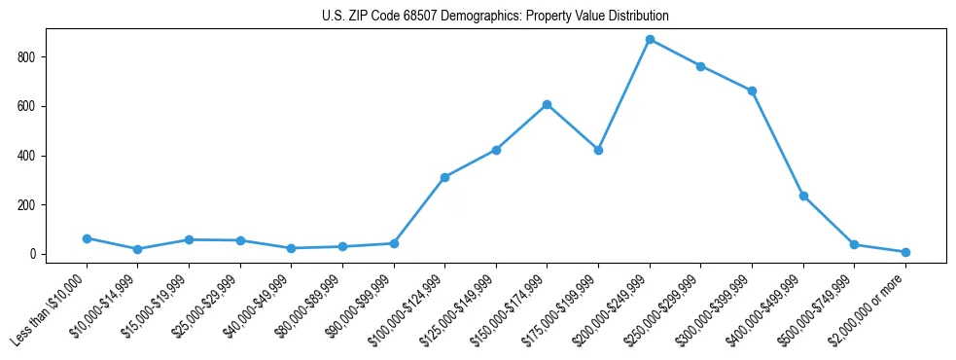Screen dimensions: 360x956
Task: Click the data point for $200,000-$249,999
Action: click(x=650, y=40)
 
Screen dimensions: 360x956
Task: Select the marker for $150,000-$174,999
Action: click(x=548, y=104)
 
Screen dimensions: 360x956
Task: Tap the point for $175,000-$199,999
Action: click(x=598, y=150)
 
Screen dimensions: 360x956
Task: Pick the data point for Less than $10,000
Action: click(x=87, y=238)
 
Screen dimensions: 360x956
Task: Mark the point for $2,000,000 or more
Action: click(x=905, y=252)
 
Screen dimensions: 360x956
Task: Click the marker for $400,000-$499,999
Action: click(x=803, y=196)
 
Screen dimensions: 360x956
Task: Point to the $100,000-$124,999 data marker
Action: click(x=444, y=177)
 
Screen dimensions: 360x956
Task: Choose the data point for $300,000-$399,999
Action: click(x=752, y=90)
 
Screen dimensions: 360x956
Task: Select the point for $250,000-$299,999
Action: click(x=700, y=66)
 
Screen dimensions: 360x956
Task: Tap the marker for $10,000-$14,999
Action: click(x=138, y=249)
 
